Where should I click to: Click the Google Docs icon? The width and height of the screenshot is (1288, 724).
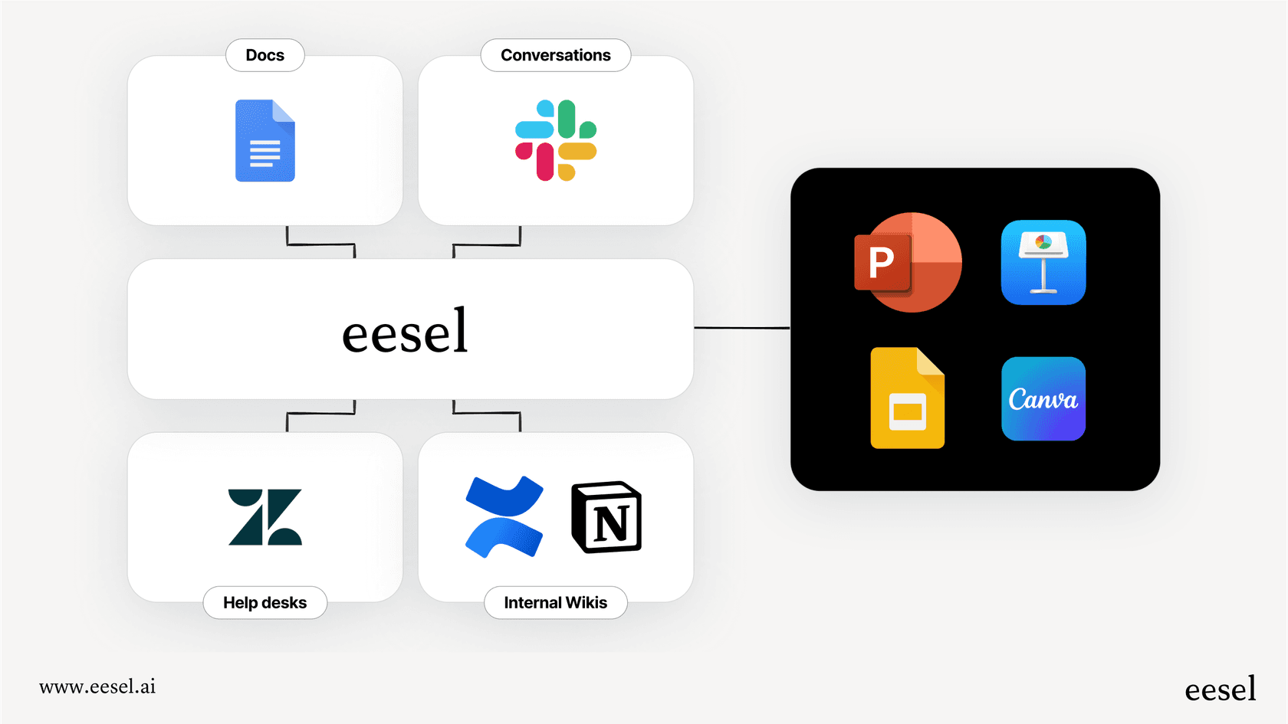[264, 141]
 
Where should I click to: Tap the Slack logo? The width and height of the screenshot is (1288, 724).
[556, 140]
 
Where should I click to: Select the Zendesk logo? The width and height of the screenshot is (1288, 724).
[265, 517]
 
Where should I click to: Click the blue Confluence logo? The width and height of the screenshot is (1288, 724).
[504, 517]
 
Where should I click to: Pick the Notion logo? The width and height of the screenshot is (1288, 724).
[606, 517]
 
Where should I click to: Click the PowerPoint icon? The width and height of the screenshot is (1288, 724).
[908, 262]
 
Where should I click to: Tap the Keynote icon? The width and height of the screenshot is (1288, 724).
[1043, 263]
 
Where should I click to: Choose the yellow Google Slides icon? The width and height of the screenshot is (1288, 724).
[908, 398]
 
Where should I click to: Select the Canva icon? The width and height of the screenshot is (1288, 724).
[1043, 398]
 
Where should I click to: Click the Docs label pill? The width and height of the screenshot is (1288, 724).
[265, 55]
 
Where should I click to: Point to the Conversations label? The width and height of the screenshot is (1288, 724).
[556, 55]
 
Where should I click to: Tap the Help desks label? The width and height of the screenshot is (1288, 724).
[265, 603]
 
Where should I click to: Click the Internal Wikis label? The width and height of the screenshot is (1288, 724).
[556, 603]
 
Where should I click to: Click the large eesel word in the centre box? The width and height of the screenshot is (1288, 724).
[405, 332]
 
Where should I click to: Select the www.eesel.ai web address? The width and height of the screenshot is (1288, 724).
[97, 686]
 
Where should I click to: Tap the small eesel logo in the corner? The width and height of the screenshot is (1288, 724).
[1220, 690]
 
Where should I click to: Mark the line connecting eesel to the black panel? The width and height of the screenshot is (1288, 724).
[741, 328]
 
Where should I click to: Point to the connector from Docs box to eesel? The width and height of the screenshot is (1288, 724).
[320, 244]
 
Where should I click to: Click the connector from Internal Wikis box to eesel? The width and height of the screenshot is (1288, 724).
[487, 413]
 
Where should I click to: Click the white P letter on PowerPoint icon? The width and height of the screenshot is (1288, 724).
[882, 263]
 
